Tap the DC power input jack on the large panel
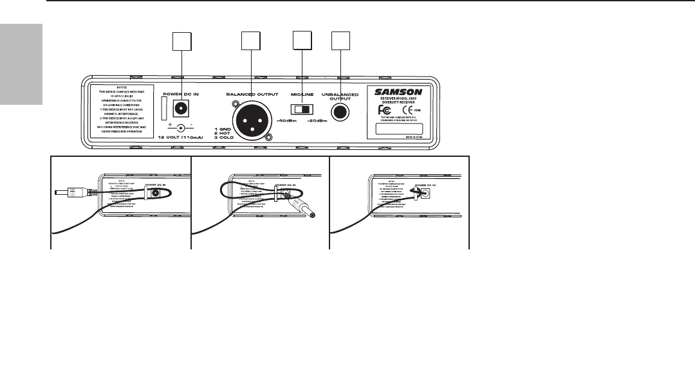coord(181,108)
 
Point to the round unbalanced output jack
coord(340,113)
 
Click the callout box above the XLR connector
coord(251,42)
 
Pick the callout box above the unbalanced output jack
coord(340,42)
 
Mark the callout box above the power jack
coord(181,43)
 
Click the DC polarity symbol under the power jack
coord(180,128)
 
